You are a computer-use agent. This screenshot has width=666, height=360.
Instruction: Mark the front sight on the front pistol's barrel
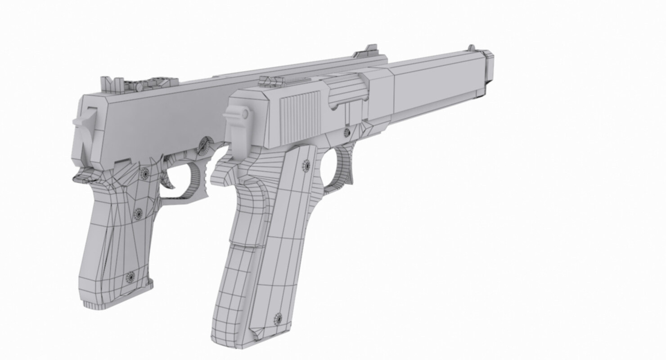(471, 47)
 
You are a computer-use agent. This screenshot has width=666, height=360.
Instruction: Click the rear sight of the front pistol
(271, 81)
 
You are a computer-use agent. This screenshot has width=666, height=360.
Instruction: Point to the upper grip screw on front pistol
(306, 166)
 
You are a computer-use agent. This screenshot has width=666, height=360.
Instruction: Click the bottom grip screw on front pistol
(278, 318)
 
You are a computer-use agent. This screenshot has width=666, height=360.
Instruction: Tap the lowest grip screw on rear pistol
(130, 277)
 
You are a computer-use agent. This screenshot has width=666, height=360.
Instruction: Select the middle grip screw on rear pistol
(138, 214)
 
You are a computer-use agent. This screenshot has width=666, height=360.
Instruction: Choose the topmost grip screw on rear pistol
(144, 173)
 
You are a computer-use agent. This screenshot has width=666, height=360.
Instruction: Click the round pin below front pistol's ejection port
(346, 132)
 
